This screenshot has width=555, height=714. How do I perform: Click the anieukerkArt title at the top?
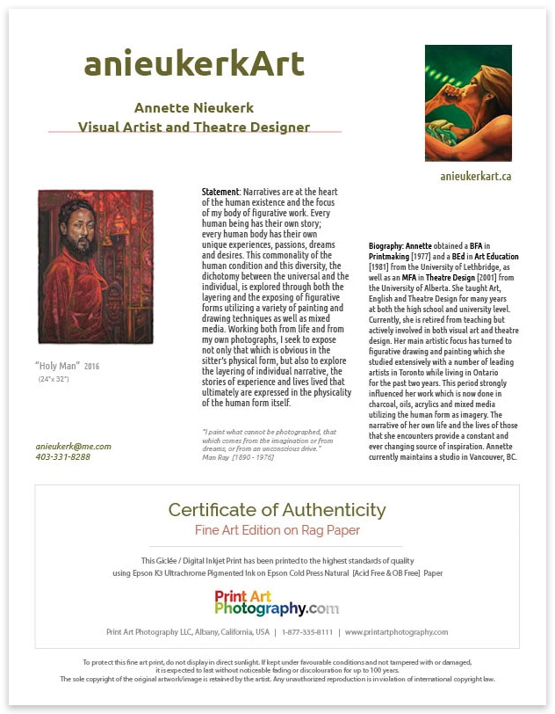pyautogui.click(x=194, y=64)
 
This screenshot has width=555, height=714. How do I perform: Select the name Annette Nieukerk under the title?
pyautogui.click(x=194, y=107)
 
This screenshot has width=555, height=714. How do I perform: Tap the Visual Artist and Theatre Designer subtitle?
pyautogui.click(x=194, y=127)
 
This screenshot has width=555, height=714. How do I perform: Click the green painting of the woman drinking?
pyautogui.click(x=468, y=104)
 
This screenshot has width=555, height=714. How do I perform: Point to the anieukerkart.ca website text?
pyautogui.click(x=476, y=176)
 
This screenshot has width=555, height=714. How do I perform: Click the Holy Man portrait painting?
pyautogui.click(x=96, y=266)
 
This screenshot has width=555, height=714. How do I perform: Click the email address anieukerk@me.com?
pyautogui.click(x=74, y=446)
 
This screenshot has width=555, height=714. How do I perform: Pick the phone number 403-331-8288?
pyautogui.click(x=63, y=457)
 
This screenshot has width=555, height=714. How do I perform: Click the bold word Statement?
pyautogui.click(x=220, y=192)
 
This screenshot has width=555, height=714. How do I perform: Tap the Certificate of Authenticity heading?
pyautogui.click(x=277, y=510)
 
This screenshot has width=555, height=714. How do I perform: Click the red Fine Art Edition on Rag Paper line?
pyautogui.click(x=277, y=530)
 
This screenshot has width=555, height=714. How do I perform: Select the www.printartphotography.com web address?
pyautogui.click(x=396, y=632)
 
